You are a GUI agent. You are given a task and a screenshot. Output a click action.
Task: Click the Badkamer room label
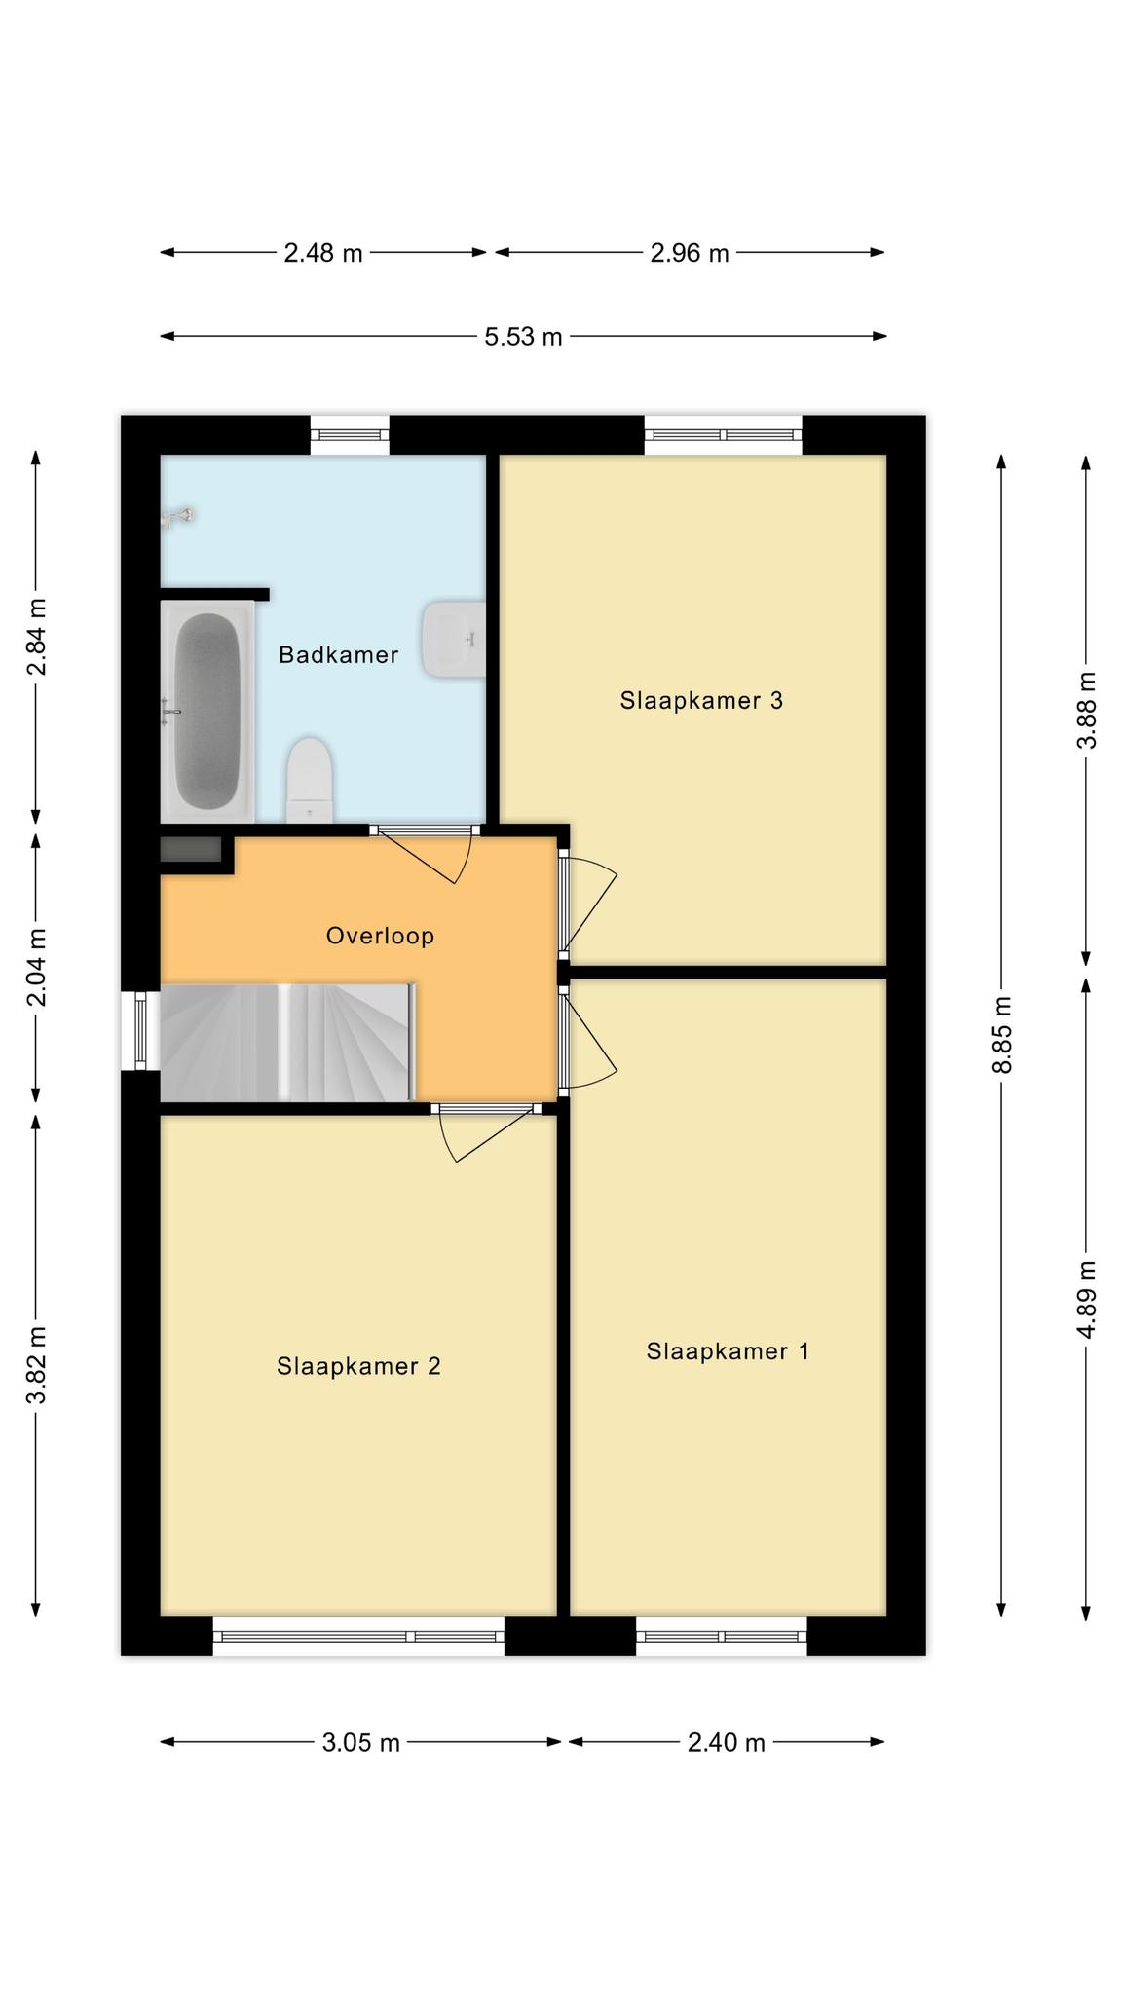coord(338,654)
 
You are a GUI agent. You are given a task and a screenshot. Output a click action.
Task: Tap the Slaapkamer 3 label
coord(701,700)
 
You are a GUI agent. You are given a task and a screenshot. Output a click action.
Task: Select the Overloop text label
coord(380,936)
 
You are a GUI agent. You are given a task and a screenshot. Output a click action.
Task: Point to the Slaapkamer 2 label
coord(358,1366)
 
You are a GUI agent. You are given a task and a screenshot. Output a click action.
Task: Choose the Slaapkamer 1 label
coord(728,1350)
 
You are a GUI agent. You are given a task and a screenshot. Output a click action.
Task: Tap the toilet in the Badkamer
coord(311,780)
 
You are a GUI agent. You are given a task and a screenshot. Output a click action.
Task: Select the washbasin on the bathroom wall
coord(454,639)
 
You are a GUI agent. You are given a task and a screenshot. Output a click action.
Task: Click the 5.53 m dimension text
coord(524,337)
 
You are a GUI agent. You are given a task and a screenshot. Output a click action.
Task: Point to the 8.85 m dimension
coord(1003,1035)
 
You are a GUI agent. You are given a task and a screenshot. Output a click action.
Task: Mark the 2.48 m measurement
coord(323,253)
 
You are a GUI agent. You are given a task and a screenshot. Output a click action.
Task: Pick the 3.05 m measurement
coord(361,1742)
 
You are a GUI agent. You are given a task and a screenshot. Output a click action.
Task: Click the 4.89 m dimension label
coord(1088,1300)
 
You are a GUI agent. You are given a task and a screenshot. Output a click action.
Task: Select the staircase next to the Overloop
coord(287,1043)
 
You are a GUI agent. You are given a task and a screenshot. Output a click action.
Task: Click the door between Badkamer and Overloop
coord(426,854)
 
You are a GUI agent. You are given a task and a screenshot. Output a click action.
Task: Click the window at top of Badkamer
coord(350,435)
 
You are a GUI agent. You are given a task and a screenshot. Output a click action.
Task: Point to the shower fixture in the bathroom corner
coord(177,517)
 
